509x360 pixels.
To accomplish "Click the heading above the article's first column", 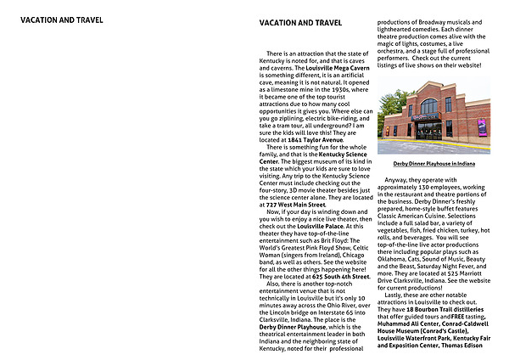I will [x=300, y=23].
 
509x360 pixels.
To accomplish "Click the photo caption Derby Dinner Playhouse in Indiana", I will [x=433, y=162].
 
